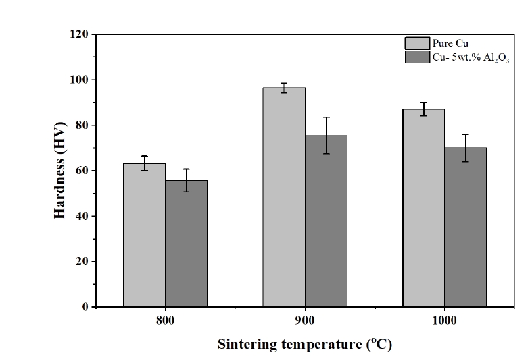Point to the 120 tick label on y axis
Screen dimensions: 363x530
tap(80, 34)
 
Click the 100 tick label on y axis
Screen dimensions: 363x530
tap(80, 80)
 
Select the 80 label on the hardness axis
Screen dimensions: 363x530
tap(82, 125)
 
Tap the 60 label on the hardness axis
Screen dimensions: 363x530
tap(82, 171)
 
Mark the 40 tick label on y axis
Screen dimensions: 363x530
tap(82, 216)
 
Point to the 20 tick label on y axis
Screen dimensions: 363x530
tap(82, 262)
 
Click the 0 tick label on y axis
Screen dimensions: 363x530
tap(85, 307)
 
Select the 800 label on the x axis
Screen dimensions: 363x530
tap(166, 321)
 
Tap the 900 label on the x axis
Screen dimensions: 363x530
tap(305, 321)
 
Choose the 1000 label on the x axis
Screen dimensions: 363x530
tap(445, 321)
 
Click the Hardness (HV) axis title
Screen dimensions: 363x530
tap(59, 170)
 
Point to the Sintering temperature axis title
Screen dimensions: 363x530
tap(304, 345)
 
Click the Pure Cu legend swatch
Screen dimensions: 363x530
tap(416, 44)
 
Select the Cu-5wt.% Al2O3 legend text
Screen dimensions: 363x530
tap(471, 58)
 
